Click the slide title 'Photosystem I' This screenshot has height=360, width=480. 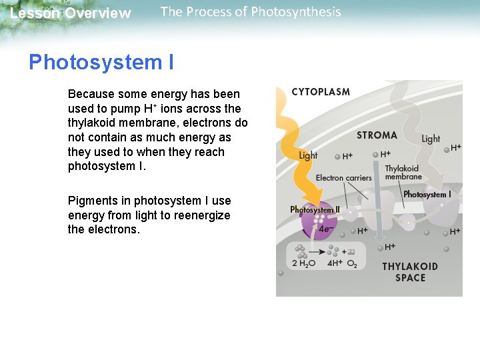101,63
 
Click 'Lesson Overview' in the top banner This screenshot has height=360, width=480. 71,13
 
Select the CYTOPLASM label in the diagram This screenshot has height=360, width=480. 321,92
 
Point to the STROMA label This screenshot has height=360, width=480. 377,135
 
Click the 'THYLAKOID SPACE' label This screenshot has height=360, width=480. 410,272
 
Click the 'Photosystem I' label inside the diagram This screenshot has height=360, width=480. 427,195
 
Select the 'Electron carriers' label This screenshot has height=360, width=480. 343,178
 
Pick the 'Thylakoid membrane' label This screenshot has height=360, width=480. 403,173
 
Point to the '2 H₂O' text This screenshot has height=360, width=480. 304,264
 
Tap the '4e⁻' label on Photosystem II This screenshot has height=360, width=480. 327,229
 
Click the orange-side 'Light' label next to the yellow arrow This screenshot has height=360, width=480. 308,155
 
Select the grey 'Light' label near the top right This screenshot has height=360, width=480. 431,139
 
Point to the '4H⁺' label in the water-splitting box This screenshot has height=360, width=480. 334,264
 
